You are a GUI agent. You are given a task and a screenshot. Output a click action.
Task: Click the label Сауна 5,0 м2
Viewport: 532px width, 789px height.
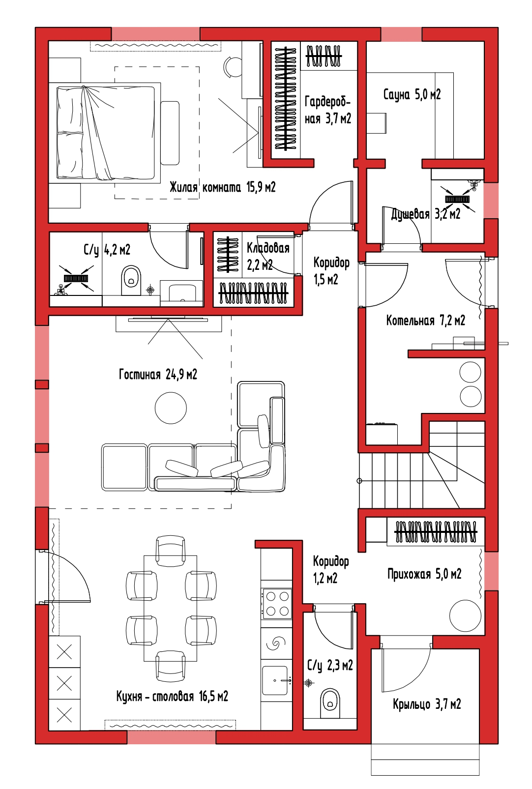pos(412,94)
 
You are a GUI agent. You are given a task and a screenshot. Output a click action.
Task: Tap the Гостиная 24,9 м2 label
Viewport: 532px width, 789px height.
pos(158,374)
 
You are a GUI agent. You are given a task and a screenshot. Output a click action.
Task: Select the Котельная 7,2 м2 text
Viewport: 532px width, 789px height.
pos(426,321)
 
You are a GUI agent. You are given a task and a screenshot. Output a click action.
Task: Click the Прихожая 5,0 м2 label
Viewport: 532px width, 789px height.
pos(424,574)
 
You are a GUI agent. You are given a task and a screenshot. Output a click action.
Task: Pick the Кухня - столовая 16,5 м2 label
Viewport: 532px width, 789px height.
pos(172,696)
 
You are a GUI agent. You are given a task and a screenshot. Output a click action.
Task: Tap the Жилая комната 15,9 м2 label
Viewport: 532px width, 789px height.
pos(223,187)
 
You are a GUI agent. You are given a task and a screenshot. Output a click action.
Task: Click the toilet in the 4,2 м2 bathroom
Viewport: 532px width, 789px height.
pos(131,281)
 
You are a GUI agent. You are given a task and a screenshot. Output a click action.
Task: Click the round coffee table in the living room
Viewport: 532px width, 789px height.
pos(171,408)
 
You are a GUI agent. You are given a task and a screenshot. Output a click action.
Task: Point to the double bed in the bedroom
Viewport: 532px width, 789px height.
pos(105,133)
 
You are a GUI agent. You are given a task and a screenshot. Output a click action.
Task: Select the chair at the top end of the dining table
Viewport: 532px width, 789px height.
pos(171,551)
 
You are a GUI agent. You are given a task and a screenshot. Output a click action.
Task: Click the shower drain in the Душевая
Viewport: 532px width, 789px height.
pos(457,200)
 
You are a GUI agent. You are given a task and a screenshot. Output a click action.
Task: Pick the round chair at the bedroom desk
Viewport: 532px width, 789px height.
pos(233,66)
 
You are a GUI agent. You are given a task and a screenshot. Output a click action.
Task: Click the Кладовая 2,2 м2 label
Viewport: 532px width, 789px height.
pos(268,257)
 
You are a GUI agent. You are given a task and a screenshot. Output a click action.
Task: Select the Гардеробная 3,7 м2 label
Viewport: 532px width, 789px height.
pos(327,110)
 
